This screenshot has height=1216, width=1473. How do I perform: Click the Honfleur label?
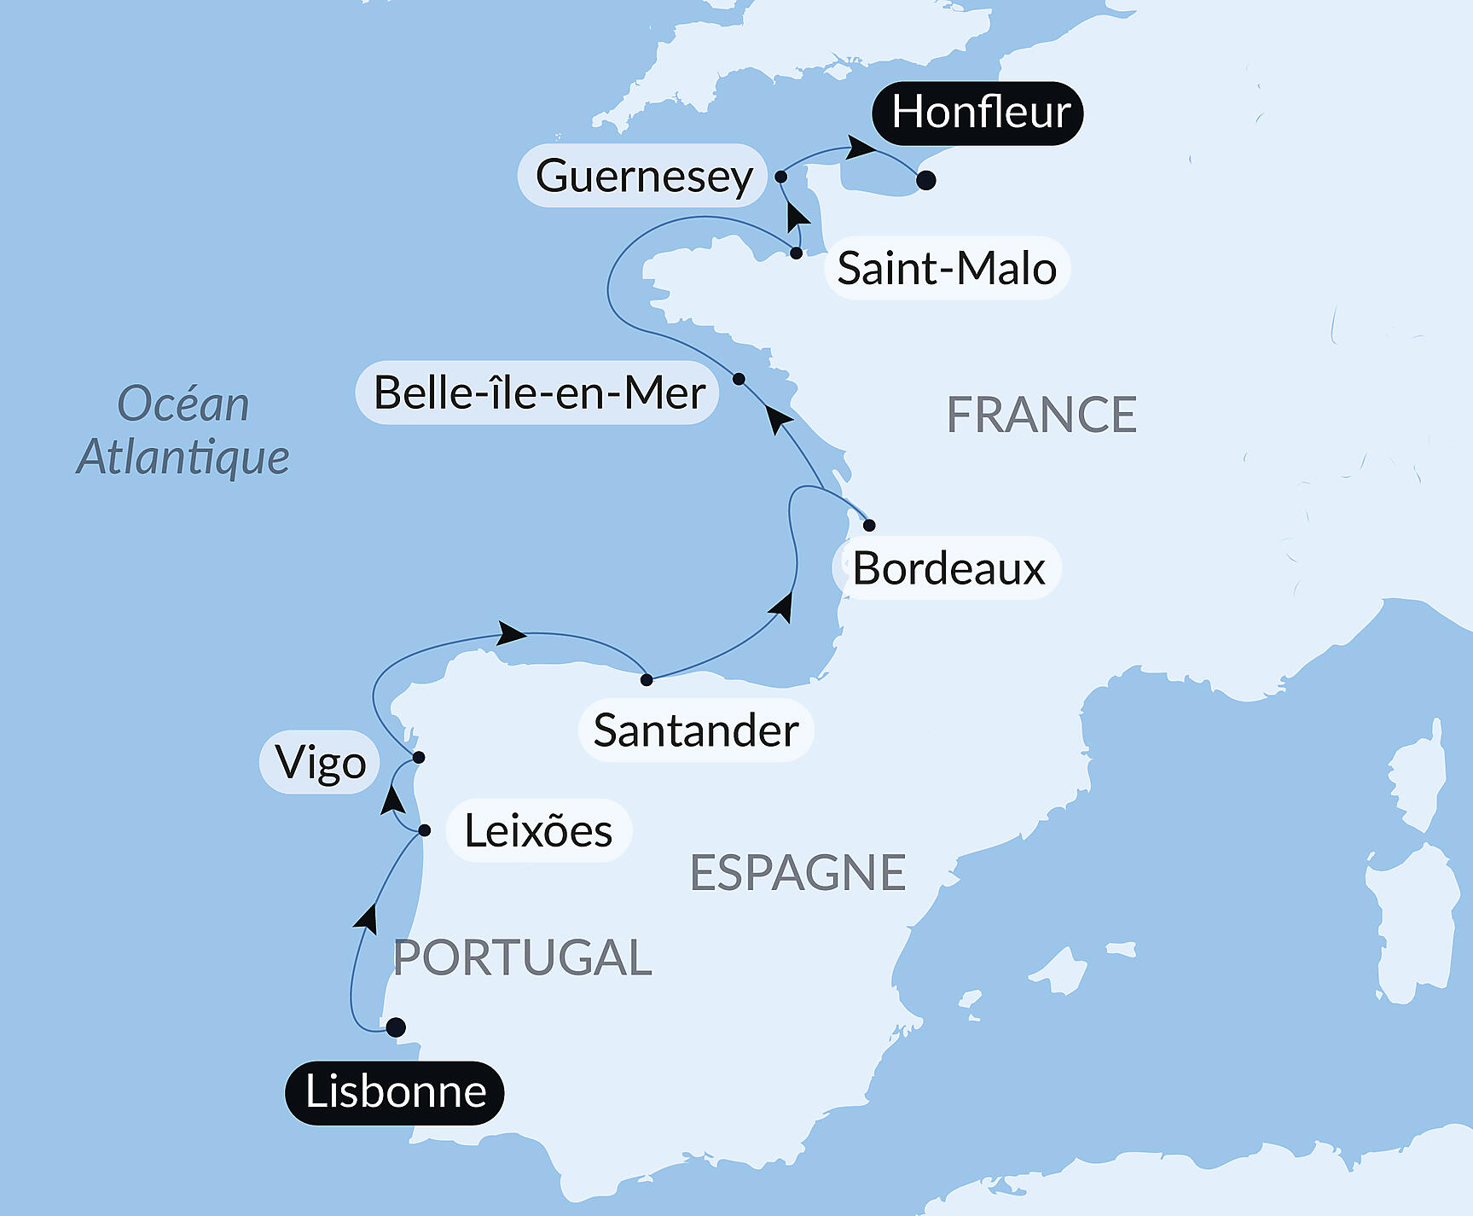978,113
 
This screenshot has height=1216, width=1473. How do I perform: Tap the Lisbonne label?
395,1092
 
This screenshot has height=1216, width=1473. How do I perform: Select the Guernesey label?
643,176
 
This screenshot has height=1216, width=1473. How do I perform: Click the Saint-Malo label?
947,268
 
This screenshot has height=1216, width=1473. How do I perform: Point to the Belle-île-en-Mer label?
538,393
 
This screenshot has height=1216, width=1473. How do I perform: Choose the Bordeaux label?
948,568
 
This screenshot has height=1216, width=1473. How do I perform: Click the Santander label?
695,730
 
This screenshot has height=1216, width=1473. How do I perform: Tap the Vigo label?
320,762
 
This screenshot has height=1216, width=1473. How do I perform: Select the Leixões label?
538,830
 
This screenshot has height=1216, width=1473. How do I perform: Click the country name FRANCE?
1041,416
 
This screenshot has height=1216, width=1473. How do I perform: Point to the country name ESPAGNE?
797,872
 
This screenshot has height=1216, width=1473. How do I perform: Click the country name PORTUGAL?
522,957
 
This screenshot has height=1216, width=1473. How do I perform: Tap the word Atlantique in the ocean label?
183,457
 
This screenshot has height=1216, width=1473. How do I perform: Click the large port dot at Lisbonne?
396,1027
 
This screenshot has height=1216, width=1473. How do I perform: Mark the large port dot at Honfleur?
926,180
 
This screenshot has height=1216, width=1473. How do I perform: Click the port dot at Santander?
647,679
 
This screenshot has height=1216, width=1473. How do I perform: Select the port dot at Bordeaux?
869,525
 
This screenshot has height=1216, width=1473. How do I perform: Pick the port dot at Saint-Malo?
796,253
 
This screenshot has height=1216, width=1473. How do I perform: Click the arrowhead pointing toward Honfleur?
861,148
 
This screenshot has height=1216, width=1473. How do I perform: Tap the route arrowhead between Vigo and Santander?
512,633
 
